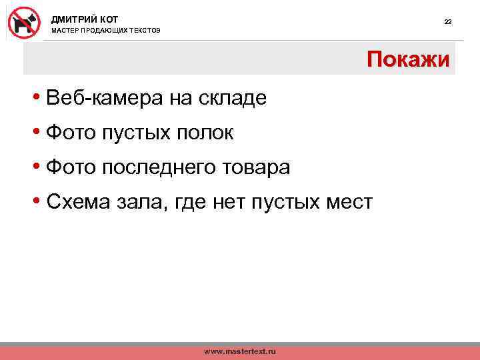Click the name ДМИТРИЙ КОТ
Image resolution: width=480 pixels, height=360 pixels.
(x=85, y=19)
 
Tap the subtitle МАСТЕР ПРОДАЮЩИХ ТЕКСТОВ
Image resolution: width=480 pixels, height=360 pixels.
(x=106, y=31)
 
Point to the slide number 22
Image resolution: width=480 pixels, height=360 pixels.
(x=448, y=22)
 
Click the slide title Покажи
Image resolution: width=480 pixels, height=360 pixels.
(x=408, y=60)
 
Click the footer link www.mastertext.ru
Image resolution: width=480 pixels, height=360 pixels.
(x=239, y=351)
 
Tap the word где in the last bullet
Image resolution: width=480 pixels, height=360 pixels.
(x=191, y=201)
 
